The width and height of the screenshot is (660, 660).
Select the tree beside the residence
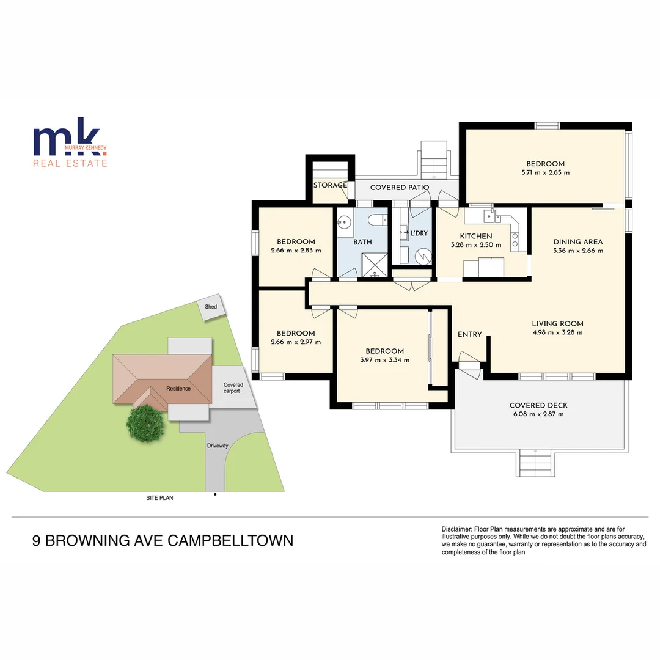[147, 422]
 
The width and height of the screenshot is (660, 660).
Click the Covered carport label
[233, 387]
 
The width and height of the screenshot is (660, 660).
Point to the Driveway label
[217, 446]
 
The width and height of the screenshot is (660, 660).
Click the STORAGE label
[330, 185]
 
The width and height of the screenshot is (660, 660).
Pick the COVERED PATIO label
[400, 188]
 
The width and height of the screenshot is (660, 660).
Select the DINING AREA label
[577, 242]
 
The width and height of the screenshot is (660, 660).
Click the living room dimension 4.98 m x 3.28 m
[557, 333]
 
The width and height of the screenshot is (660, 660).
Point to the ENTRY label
[470, 334]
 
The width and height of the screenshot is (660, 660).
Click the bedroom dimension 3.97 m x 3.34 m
[384, 360]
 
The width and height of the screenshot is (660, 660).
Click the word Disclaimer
[457, 529]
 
